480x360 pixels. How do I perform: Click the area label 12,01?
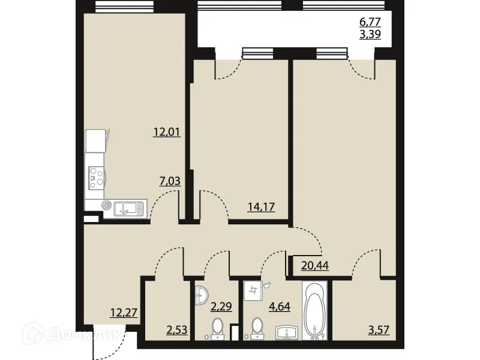pos(167,133)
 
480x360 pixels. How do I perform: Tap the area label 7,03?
pos(170,180)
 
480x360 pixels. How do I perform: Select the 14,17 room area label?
pos(262,208)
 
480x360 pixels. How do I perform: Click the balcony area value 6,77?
pos(370,23)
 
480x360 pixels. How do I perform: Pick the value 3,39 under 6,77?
pos(370,35)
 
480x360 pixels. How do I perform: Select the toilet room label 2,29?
pos(220,310)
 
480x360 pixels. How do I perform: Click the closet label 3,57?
pos(379,329)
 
